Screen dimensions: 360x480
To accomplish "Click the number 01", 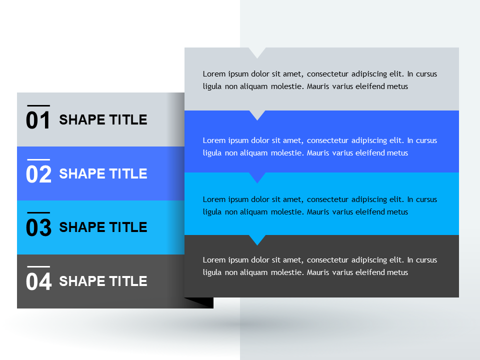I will tap(38, 120).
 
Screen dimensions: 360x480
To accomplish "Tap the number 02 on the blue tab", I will tap(38, 174).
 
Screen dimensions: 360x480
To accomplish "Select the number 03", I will tap(38, 228).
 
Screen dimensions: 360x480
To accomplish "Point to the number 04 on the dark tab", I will tap(38, 282).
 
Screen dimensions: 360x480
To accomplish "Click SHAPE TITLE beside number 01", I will tap(103, 120).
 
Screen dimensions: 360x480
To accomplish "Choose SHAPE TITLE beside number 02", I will tap(103, 174).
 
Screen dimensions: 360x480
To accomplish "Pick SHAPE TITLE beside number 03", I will tap(103, 227).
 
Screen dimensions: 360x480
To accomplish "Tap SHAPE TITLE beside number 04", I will tap(103, 281).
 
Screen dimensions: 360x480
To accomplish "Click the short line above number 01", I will tap(38, 105).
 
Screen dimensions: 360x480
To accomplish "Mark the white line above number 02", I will tap(38, 159).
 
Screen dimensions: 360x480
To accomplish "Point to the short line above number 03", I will tap(38, 213).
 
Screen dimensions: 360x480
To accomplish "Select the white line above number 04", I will tap(38, 267).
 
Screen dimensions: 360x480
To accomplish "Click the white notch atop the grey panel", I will tap(257, 52).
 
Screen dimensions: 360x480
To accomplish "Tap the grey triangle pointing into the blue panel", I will tap(257, 114).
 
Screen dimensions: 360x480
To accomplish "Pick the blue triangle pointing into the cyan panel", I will tap(257, 177).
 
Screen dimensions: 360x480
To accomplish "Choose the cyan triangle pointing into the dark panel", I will tap(257, 239).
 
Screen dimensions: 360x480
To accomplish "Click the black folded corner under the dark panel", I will tap(202, 302).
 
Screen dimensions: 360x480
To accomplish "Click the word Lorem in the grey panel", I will tap(213, 74).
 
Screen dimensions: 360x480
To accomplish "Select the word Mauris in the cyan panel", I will tap(318, 212).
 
